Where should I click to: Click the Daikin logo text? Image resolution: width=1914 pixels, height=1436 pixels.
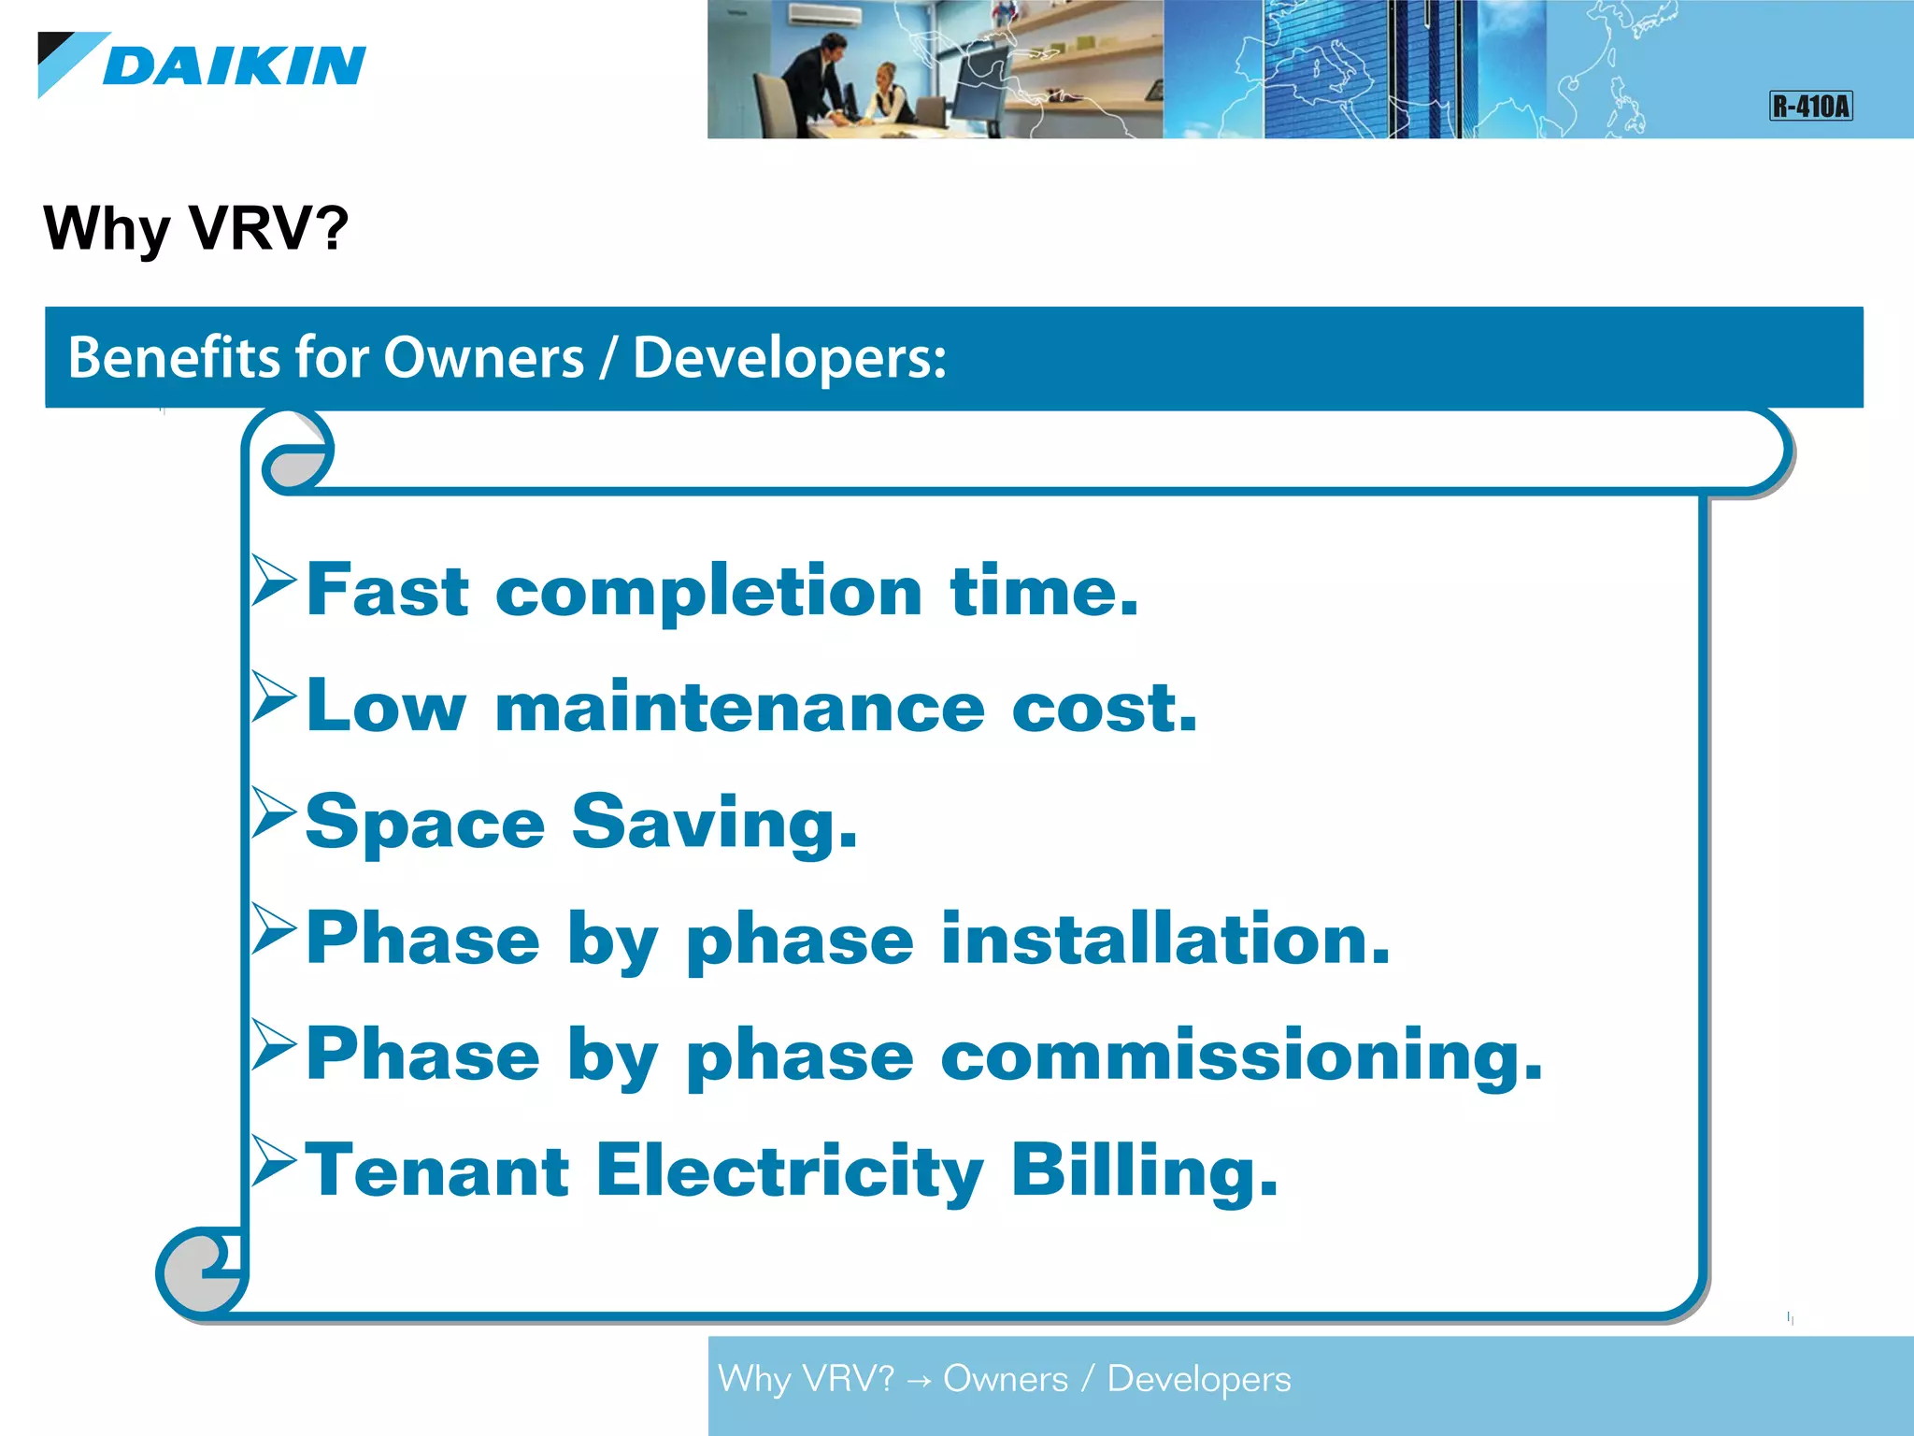tap(234, 65)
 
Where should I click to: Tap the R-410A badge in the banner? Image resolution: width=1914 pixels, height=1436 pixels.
tap(1810, 106)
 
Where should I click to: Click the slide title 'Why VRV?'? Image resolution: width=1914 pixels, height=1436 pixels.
tap(195, 228)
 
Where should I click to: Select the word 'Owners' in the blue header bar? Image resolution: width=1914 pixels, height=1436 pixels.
tap(483, 358)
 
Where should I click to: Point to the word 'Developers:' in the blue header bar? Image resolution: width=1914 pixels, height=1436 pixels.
tap(790, 358)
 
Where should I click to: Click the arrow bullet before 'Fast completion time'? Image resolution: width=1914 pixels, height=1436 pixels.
tap(274, 581)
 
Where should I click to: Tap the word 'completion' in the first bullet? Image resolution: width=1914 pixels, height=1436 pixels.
tap(709, 593)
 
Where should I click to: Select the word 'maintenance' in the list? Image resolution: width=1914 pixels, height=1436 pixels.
tap(739, 708)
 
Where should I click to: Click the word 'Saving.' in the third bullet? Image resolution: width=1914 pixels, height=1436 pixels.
tap(714, 824)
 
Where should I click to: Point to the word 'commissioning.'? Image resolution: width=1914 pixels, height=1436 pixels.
tap(1241, 1055)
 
